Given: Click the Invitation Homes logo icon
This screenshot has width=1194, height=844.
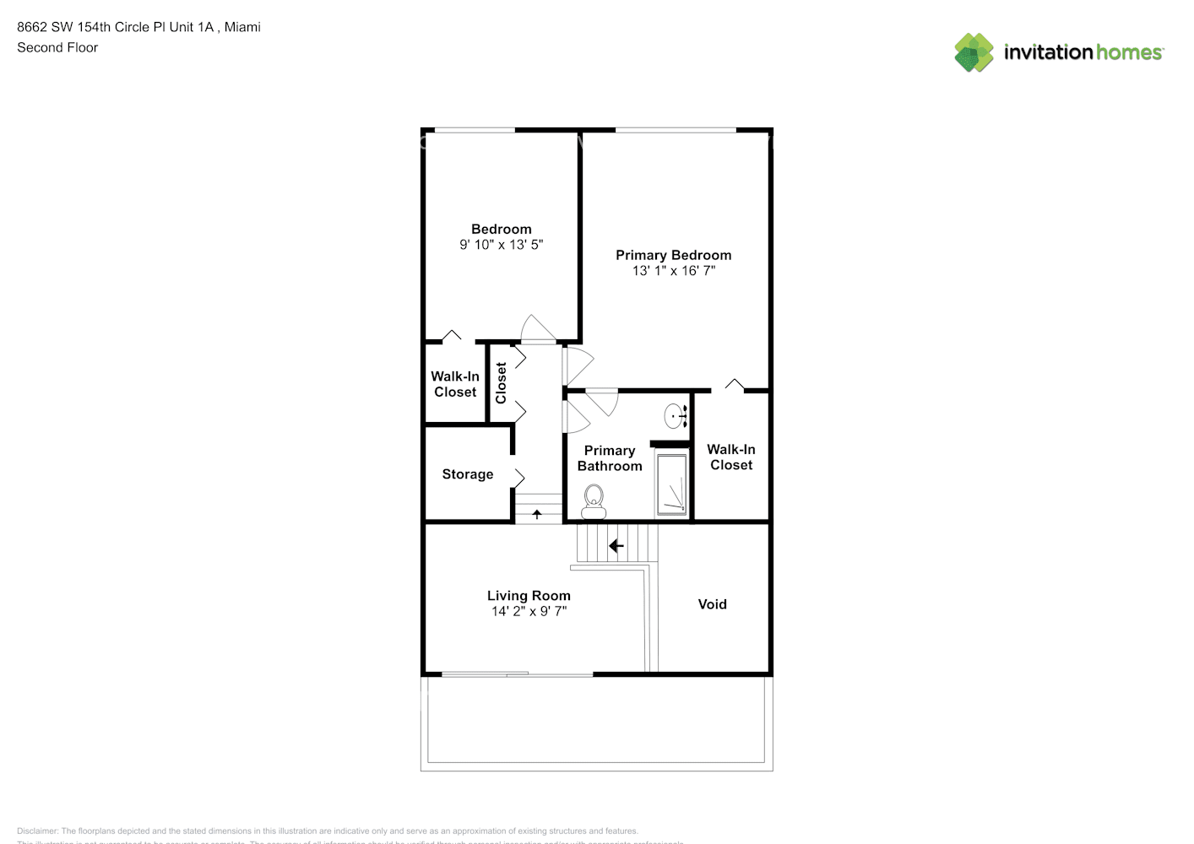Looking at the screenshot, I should (x=974, y=52).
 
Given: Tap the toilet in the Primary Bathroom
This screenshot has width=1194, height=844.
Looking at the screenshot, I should (x=594, y=501).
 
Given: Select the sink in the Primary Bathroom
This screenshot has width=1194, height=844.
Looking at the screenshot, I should (x=676, y=415).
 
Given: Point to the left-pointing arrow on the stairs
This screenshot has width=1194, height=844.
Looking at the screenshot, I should (x=616, y=546).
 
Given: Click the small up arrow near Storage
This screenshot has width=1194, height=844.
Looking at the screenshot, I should (x=537, y=513).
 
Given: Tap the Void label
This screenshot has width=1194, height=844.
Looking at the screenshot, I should (x=712, y=604).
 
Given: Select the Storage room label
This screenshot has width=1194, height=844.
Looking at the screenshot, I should (x=467, y=474).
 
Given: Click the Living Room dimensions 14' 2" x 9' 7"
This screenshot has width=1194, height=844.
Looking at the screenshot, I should (x=529, y=611).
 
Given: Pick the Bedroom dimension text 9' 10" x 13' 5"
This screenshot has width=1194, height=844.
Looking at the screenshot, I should (x=501, y=245).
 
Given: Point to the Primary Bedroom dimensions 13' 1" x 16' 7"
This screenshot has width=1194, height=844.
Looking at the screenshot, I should (x=673, y=271).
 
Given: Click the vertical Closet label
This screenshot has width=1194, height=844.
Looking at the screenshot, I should (x=501, y=382).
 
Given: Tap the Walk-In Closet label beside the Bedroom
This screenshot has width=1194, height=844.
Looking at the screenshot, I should (x=455, y=384).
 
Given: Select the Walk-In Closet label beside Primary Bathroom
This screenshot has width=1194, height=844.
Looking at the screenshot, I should (x=730, y=457).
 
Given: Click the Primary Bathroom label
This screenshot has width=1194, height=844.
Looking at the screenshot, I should (x=609, y=458).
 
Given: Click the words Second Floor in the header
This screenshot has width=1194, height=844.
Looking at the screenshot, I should (x=57, y=47).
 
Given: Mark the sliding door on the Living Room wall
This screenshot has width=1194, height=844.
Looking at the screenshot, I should (x=517, y=674).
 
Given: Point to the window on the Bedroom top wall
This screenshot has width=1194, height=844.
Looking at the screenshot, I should (x=474, y=130).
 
